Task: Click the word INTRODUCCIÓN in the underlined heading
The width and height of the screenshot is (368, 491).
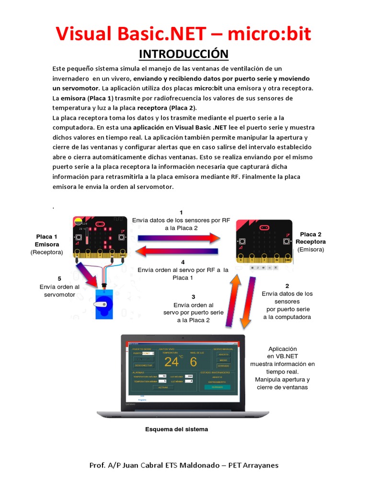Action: point(184,53)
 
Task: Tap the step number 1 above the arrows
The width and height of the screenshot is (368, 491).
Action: point(181,212)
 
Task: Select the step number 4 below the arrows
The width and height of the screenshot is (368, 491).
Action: point(183,262)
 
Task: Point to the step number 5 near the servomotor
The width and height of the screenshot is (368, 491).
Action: point(59,279)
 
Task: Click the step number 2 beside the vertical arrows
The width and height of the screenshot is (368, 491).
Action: point(287,286)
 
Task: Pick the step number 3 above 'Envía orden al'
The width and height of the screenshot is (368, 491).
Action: point(193,297)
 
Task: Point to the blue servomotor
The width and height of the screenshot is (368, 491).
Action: point(103,302)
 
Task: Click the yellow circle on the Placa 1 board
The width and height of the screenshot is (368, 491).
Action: point(78,221)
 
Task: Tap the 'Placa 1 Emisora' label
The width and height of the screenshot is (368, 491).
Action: point(46,241)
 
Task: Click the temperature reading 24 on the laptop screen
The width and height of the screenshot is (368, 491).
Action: point(171,362)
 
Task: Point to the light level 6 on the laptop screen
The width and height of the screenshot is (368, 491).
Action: point(193,362)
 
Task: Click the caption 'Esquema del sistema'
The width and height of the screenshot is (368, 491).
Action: point(177,429)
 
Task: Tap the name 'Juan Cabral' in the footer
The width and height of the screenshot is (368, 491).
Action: point(139,465)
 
